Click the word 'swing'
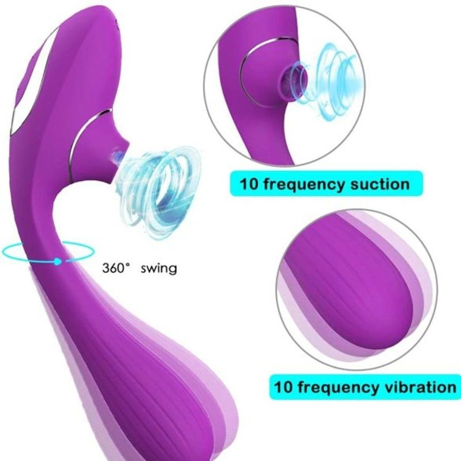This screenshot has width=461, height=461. tap(159, 269)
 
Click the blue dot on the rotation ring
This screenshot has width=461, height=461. tap(58, 261)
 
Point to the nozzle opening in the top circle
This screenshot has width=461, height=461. tap(290, 77)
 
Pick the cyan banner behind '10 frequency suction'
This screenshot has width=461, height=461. tap(326, 184)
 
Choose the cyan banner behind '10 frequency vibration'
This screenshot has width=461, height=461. tap(365, 387)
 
